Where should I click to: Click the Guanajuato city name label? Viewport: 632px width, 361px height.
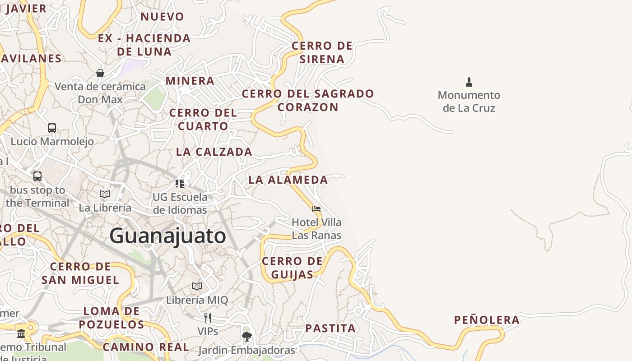[167, 236]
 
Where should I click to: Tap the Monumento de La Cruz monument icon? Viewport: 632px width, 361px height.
[469, 82]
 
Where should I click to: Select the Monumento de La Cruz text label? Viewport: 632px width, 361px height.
[469, 102]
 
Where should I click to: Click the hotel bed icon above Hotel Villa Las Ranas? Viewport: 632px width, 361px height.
[316, 209]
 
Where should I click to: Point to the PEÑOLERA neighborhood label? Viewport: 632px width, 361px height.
[487, 320]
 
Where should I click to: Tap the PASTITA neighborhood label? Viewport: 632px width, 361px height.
[330, 328]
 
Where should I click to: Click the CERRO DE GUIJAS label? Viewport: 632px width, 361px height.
[292, 268]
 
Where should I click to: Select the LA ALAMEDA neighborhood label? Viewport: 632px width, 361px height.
[288, 180]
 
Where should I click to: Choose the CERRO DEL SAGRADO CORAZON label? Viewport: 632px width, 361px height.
[308, 100]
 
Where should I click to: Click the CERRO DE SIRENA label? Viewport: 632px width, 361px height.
[322, 52]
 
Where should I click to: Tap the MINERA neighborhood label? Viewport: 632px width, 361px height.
[190, 81]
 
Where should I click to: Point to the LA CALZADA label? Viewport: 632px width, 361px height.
[214, 152]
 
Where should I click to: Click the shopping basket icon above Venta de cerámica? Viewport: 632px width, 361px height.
[100, 73]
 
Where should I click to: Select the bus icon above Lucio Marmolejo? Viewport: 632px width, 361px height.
[52, 128]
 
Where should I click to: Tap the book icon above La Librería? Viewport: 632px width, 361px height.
[105, 194]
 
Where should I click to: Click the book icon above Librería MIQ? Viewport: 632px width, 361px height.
[197, 287]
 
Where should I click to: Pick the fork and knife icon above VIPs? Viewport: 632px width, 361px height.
[208, 318]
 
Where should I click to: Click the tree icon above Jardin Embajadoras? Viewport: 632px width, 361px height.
[246, 336]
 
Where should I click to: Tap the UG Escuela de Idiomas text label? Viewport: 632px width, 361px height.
[180, 204]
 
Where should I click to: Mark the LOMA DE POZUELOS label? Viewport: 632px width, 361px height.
[112, 318]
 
